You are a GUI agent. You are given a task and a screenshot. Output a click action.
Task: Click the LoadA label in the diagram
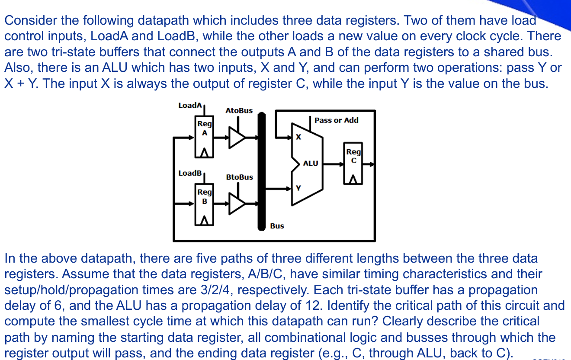tap(190, 106)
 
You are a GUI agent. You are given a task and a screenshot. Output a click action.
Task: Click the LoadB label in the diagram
tap(190, 173)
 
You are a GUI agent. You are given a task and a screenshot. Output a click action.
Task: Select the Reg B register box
tap(205, 206)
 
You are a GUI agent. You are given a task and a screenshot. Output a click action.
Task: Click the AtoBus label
tap(239, 111)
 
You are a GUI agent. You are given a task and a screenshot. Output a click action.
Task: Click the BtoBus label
tap(239, 177)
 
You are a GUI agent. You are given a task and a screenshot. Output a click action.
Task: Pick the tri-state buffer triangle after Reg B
tap(236, 203)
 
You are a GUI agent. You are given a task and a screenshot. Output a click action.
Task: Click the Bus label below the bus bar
tap(277, 226)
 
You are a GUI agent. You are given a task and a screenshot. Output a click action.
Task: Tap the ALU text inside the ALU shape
tap(310, 164)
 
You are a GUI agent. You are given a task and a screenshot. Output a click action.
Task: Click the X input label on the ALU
tap(298, 137)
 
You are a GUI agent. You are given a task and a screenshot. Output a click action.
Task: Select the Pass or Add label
tap(336, 120)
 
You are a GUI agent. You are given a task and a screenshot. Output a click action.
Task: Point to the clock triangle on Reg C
tap(353, 179)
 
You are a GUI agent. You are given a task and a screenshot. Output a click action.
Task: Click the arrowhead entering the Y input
tap(289, 188)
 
